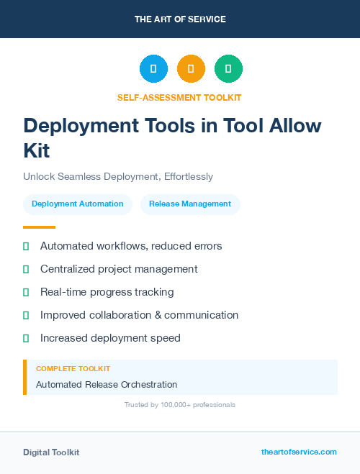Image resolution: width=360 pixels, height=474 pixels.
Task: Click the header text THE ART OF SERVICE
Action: pos(180,19)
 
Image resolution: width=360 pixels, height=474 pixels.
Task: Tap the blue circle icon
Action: pos(153,69)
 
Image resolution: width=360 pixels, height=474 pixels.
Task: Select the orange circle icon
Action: pos(191,69)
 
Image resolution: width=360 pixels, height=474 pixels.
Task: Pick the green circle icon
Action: pos(228,69)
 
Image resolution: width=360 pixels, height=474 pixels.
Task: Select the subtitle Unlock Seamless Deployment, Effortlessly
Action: pos(118,176)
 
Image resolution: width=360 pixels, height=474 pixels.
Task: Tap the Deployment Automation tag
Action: pos(78,204)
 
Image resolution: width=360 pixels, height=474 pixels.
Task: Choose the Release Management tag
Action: pos(190,204)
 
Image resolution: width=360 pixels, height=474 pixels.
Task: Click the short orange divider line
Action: pos(39,227)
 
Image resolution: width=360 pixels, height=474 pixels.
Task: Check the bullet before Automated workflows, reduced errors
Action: pos(26,246)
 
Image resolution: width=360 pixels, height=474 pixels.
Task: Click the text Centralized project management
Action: pos(119,269)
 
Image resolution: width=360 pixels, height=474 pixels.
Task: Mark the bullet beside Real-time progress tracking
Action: pos(26,292)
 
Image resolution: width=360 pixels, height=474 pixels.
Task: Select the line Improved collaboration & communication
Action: pos(139,315)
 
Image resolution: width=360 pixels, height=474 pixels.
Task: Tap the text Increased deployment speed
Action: pos(110,338)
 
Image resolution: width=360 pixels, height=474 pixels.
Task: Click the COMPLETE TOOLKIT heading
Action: pos(73,369)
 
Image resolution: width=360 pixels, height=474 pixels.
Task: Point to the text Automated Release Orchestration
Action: pos(107,385)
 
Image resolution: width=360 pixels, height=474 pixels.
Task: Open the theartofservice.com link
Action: pos(299,452)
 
